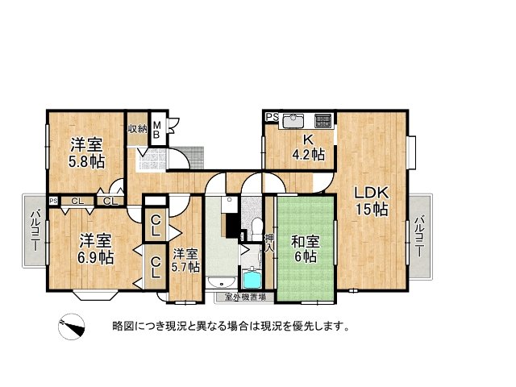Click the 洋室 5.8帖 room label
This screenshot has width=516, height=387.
(x=86, y=153)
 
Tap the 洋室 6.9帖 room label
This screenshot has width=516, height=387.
(x=96, y=249)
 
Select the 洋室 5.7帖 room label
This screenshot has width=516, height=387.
(x=185, y=260)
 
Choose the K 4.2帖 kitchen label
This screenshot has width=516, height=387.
(x=308, y=147)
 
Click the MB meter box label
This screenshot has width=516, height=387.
(x=158, y=130)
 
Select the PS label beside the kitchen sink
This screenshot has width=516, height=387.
(x=272, y=118)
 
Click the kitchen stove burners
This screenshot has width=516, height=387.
(x=322, y=121)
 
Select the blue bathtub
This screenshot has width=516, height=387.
(x=252, y=280)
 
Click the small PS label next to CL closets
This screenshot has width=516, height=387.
(x=53, y=201)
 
